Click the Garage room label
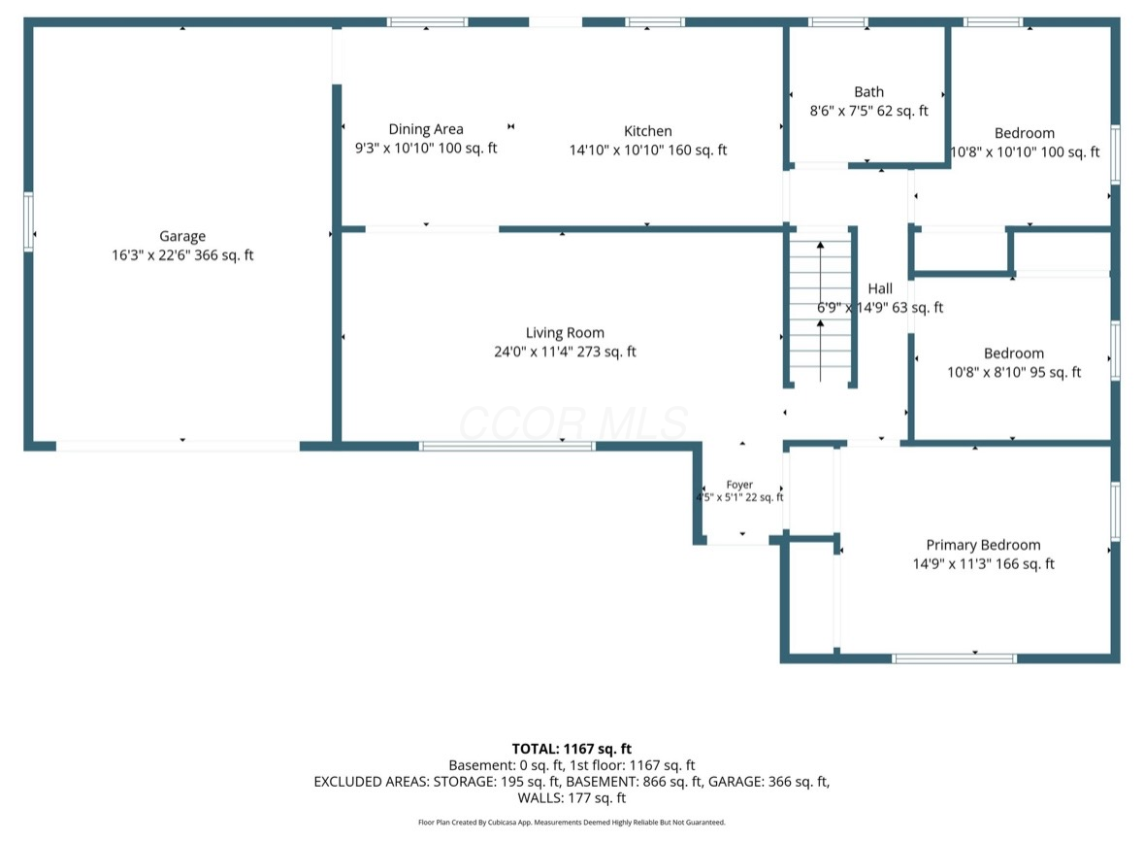tap(182, 236)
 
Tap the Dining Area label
tap(425, 129)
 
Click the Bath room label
tap(869, 92)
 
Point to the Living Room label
tap(565, 333)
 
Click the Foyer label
tap(739, 485)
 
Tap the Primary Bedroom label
tap(983, 545)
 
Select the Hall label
tap(880, 288)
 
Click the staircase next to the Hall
tap(821, 307)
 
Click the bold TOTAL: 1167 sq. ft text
tap(572, 749)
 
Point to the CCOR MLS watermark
tap(572, 423)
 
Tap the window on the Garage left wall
tap(28, 222)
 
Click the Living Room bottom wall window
tap(507, 446)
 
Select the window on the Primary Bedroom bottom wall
tap(955, 658)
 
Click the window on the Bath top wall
tap(838, 22)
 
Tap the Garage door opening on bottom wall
tap(178, 446)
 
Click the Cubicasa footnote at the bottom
tap(572, 823)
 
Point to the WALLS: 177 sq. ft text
tap(572, 798)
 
